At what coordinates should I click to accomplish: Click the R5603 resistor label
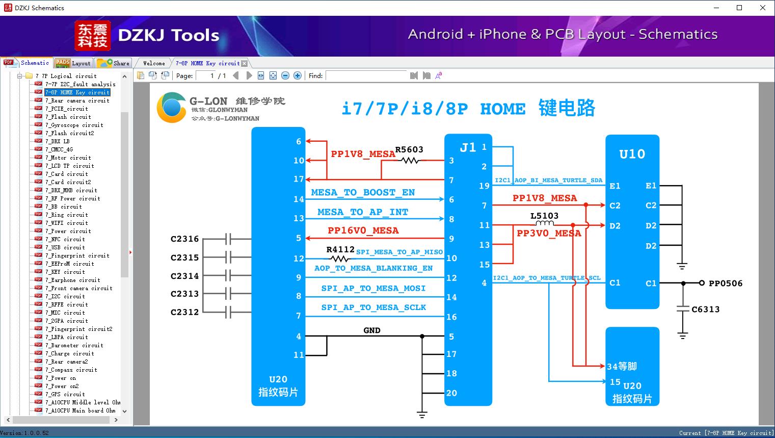click(x=409, y=149)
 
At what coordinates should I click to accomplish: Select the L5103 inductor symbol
click(x=545, y=223)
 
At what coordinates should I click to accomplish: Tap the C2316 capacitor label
click(x=184, y=239)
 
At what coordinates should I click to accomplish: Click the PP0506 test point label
click(x=725, y=283)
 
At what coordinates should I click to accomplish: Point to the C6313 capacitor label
click(x=705, y=309)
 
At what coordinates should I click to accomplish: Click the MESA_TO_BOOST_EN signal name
click(x=363, y=192)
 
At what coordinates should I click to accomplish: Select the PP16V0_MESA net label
click(x=363, y=230)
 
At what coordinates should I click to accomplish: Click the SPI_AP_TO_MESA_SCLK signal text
click(x=373, y=307)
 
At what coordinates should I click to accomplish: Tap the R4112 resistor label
click(x=340, y=249)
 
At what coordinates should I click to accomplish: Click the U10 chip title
click(x=632, y=154)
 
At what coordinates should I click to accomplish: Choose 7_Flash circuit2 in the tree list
click(x=69, y=133)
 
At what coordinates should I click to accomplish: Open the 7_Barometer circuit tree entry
click(x=74, y=345)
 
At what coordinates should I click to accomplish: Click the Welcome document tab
click(x=154, y=63)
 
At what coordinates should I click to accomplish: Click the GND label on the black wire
click(x=371, y=330)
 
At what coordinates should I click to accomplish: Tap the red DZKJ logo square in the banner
click(x=92, y=36)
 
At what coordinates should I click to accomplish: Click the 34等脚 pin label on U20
click(x=621, y=366)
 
